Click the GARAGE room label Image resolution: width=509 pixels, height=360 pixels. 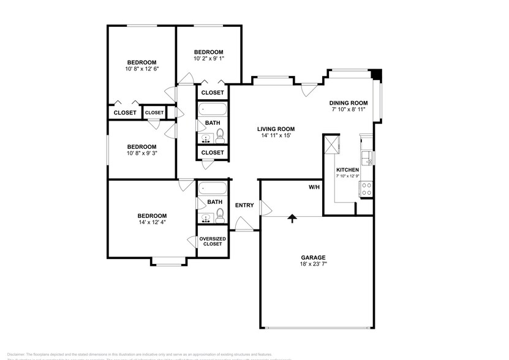coord(312,257)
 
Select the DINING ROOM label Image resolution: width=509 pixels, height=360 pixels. coord(348,102)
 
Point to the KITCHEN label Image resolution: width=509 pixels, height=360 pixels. coord(347,169)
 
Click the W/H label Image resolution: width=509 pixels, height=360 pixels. coord(314,187)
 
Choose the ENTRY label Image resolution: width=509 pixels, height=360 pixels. coord(244,205)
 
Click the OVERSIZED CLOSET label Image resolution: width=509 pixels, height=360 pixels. coord(212,241)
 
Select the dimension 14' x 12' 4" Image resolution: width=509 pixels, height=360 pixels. coord(152,222)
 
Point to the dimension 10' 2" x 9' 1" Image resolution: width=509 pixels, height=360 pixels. coord(208,59)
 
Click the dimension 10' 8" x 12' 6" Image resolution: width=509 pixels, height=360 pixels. coord(141,69)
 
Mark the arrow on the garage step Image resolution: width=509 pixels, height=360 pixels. coord(292,217)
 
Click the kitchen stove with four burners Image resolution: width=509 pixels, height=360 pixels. coord(367,189)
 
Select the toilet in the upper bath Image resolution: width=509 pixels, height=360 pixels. coord(221,135)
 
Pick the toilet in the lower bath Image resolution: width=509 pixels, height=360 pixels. coord(221,214)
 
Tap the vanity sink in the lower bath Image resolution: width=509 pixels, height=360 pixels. coord(205,217)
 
